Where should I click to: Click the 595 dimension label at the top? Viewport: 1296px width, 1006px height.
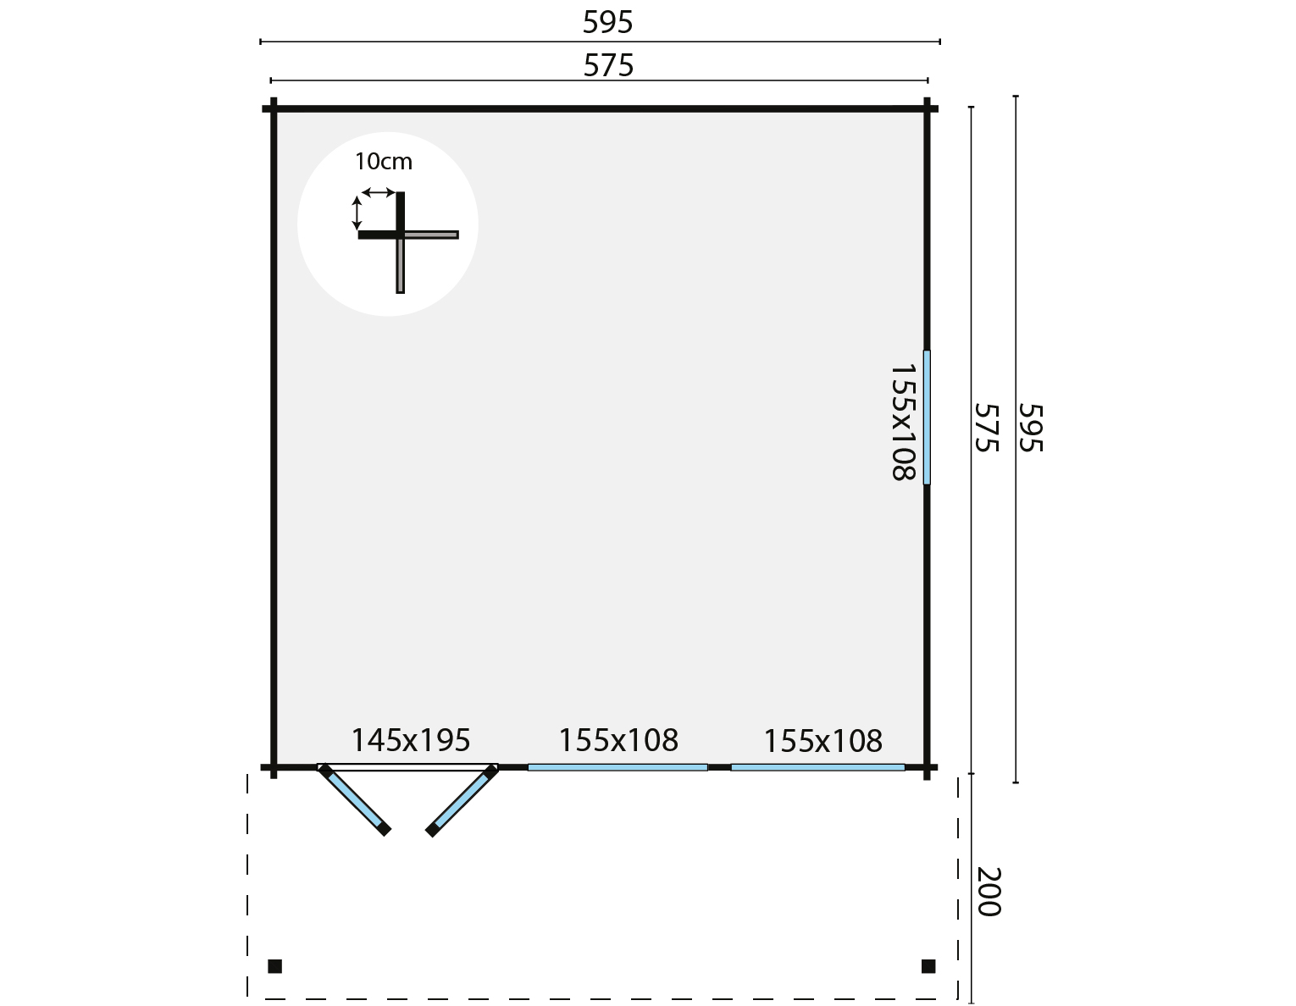coord(607,23)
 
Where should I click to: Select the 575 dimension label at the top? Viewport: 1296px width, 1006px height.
coord(608,65)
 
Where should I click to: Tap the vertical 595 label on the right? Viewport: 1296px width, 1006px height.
coord(1029,427)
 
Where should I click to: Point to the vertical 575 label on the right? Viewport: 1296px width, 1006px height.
coord(987,427)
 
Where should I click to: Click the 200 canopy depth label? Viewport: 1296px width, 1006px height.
coord(989,892)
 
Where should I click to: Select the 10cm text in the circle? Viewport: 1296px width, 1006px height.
coord(383,161)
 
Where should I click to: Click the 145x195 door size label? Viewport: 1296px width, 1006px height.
coord(410,740)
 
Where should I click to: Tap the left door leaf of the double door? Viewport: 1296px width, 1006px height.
coord(355,800)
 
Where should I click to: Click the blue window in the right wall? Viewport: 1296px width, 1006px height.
coord(927,417)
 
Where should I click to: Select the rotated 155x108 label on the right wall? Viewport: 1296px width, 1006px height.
coord(904,422)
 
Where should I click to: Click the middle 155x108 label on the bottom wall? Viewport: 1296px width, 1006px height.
coord(618,740)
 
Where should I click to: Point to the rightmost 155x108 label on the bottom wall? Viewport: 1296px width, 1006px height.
coord(822,741)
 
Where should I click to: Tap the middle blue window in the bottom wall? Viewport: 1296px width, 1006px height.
coord(618,767)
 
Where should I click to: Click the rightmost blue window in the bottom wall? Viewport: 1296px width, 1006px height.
coord(817,767)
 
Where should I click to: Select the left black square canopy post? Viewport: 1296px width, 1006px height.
coord(274,966)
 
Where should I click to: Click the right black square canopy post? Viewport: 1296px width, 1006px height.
coord(928,966)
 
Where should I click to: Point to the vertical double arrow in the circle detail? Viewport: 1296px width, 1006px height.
coord(357,212)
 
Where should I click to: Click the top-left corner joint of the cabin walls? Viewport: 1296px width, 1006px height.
coord(274,108)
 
